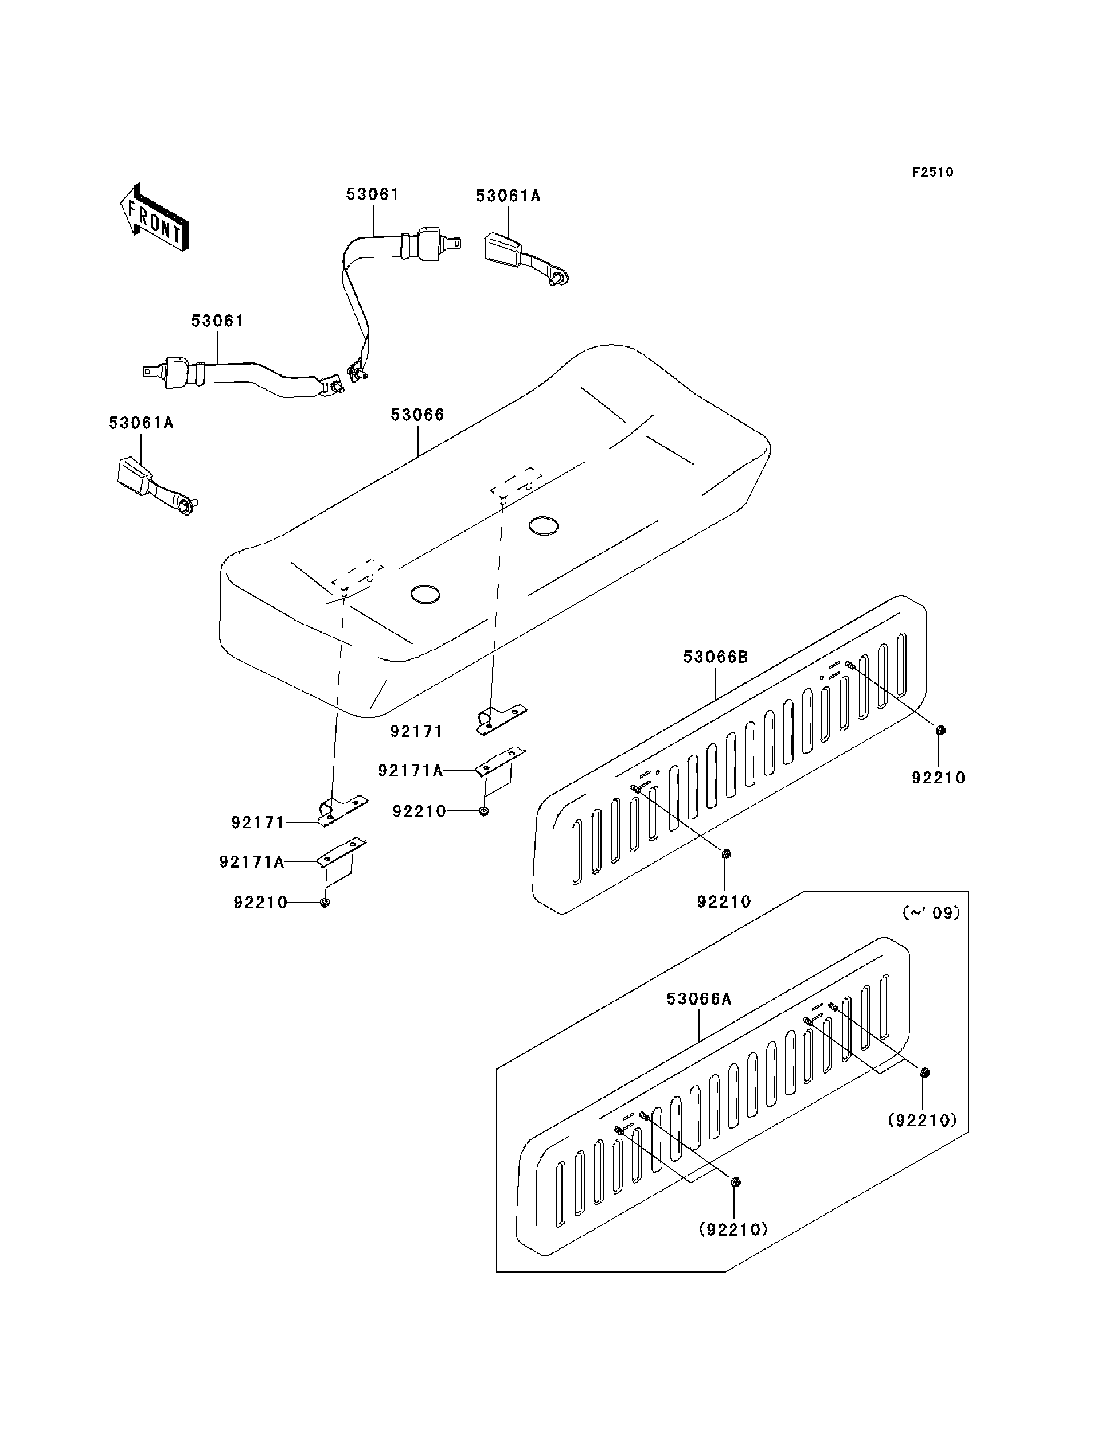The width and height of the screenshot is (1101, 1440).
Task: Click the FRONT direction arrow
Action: coord(155,218)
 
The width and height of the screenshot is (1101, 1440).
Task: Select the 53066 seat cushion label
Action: coord(417,415)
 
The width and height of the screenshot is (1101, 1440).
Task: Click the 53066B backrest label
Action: coord(715,657)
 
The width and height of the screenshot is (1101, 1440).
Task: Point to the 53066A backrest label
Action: coord(698,999)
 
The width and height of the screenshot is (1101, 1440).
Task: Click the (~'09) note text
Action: coord(931,913)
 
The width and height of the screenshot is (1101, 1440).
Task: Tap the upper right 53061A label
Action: coord(508,196)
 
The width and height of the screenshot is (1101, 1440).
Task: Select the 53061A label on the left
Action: coord(141,423)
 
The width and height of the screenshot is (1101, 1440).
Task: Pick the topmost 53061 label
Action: coord(372,194)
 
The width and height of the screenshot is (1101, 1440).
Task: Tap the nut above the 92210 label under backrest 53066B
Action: coord(725,853)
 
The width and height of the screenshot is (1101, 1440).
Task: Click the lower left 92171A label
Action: coord(252,862)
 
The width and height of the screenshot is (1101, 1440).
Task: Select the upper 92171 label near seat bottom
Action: coord(417,732)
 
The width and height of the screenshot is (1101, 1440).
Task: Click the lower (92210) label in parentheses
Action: coord(733,1230)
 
